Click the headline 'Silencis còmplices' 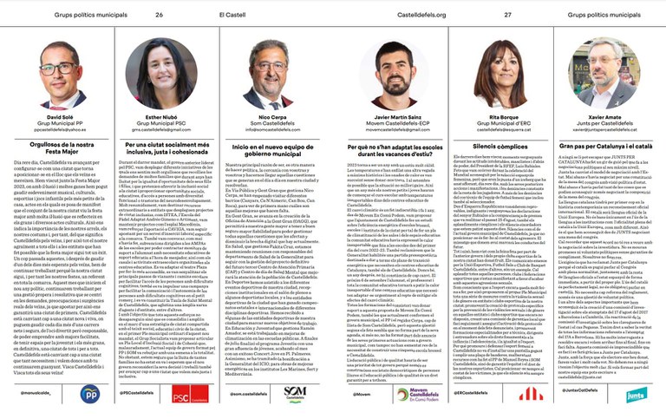coord(499,147)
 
